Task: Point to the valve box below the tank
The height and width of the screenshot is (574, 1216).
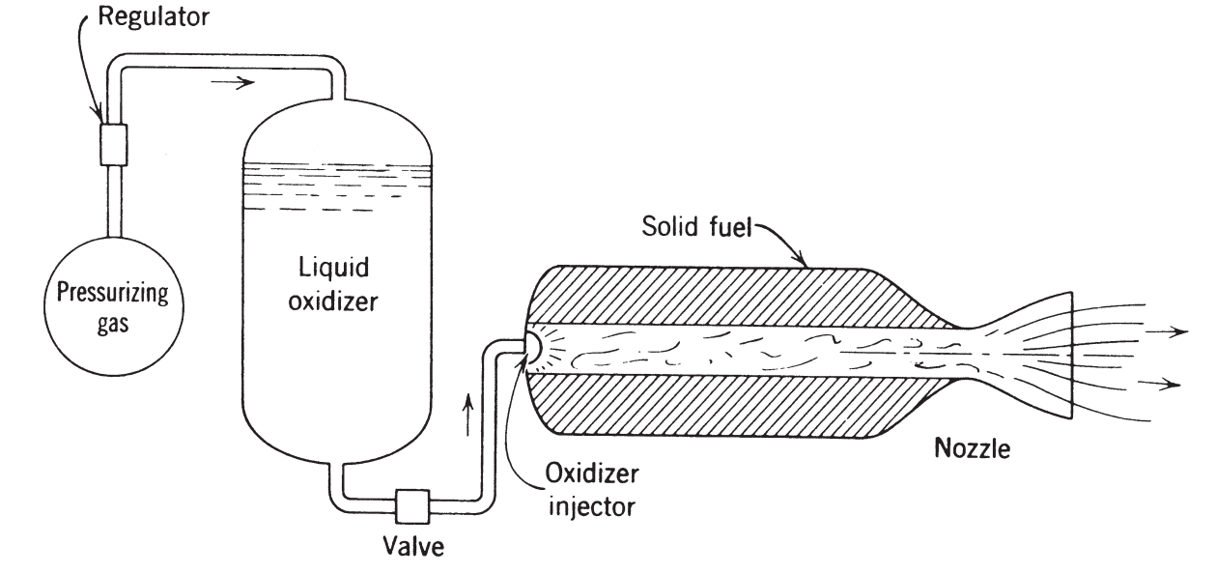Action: point(413,504)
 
